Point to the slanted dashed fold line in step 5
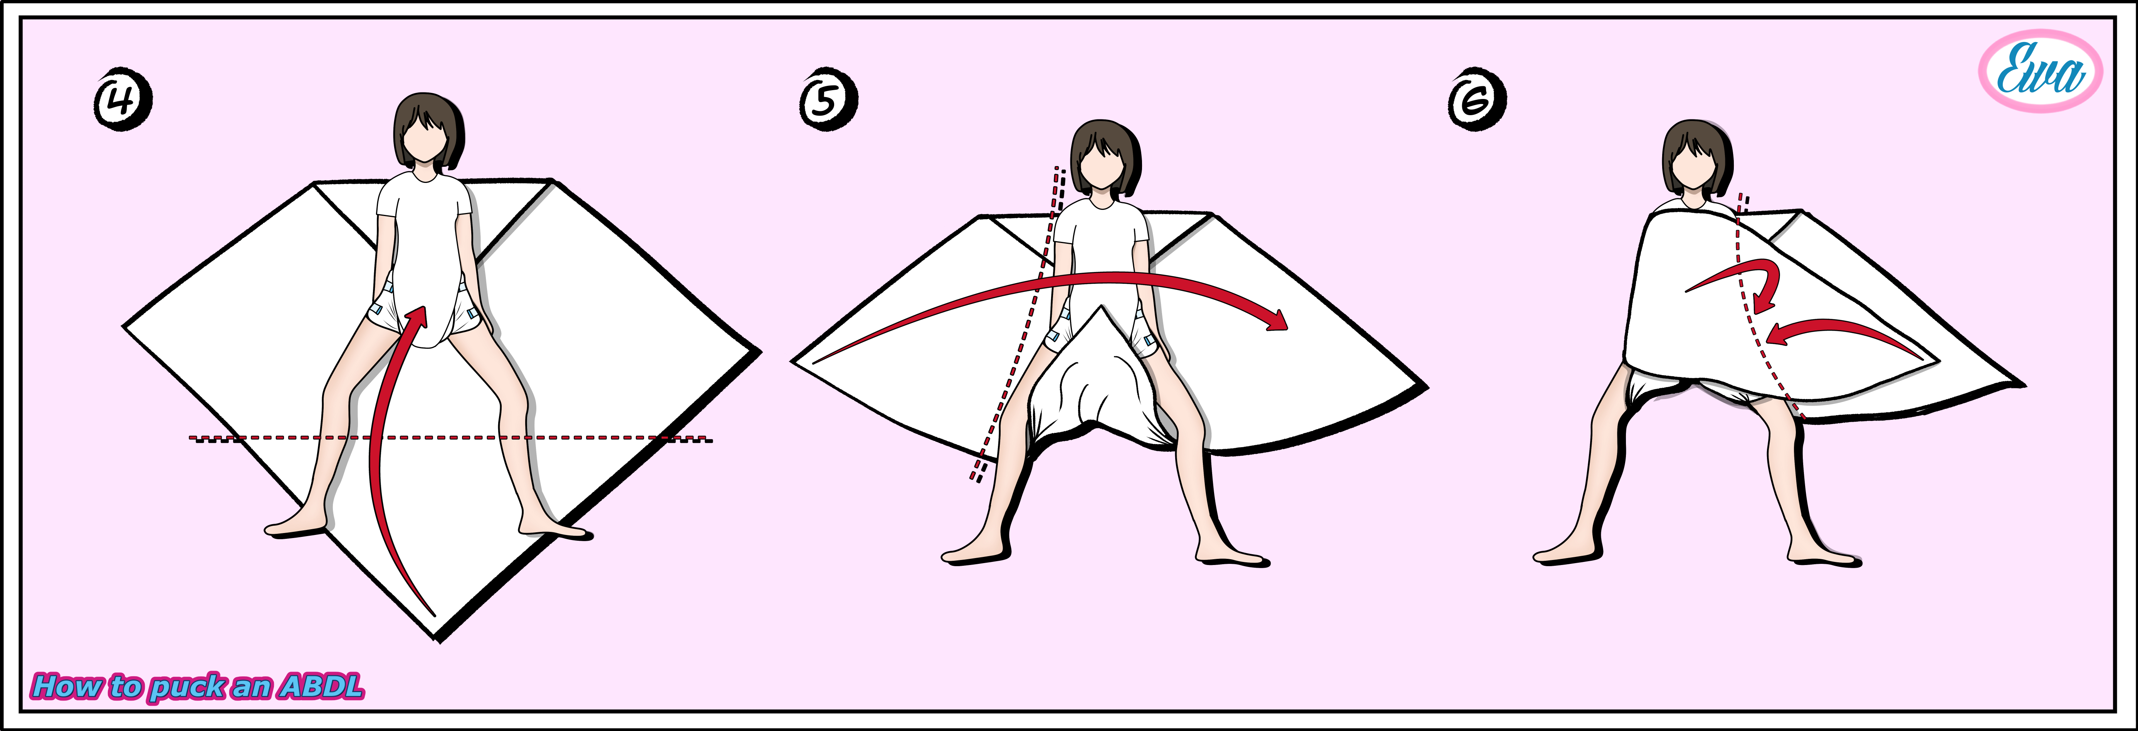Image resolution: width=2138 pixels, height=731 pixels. [x=1017, y=324]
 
